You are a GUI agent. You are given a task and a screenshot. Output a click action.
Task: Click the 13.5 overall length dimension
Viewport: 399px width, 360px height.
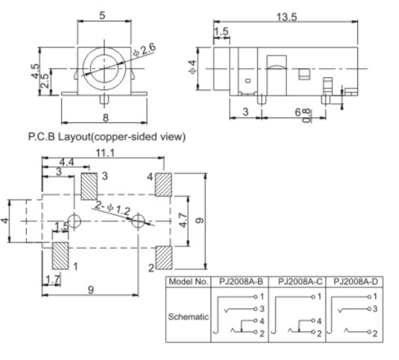point(286,16)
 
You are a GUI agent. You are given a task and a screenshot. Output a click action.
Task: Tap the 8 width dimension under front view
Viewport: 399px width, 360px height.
point(105,117)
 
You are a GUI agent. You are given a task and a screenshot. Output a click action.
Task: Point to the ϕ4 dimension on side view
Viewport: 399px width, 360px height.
point(192,67)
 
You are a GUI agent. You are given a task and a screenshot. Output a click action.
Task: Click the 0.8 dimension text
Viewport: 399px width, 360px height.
point(306,115)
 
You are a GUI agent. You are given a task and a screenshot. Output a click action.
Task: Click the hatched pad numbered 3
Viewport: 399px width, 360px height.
point(89,186)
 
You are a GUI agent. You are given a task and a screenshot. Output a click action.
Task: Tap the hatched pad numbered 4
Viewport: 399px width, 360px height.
point(163,185)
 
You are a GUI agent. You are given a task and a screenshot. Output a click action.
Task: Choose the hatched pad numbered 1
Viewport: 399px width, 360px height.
point(60,256)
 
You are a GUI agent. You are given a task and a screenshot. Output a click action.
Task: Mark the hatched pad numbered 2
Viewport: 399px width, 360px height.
point(163,258)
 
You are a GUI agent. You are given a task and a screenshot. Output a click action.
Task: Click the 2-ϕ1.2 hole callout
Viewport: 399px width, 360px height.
point(112,207)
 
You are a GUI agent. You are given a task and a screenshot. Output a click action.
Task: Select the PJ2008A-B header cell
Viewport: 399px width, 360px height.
point(240,282)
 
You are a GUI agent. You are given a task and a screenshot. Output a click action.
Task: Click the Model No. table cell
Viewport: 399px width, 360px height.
point(189,282)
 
